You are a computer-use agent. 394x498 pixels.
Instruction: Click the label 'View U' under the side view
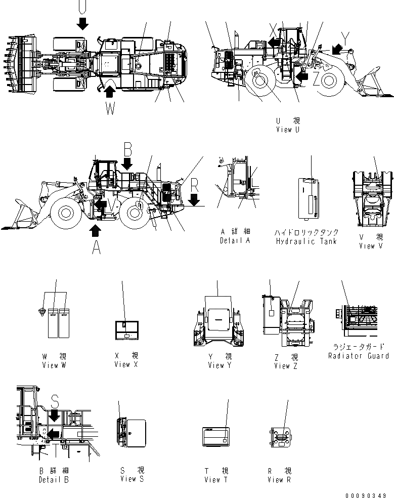288,130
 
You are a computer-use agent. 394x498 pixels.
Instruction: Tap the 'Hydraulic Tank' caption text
307,241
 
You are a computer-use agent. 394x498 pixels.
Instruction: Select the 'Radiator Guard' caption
359,356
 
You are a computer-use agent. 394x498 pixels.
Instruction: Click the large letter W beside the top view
111,108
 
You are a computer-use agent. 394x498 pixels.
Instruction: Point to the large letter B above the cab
127,149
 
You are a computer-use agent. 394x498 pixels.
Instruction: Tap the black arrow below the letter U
82,22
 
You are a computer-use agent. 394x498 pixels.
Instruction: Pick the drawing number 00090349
367,494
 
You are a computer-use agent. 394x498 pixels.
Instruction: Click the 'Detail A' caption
235,240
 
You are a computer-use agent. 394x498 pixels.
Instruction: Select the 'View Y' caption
220,365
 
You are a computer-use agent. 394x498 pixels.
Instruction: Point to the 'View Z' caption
286,366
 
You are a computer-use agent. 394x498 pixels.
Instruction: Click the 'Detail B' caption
54,479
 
